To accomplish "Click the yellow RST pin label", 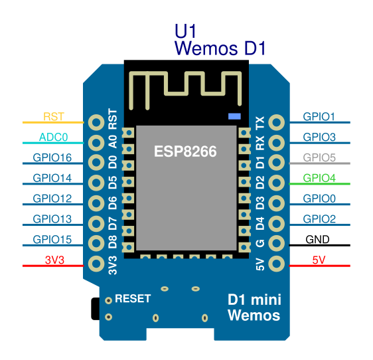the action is tap(54, 117).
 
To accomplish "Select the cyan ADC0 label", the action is tap(54, 137).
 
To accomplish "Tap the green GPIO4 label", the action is tap(319, 178).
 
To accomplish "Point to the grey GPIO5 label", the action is tap(319, 157).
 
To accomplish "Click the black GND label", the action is tap(317, 240).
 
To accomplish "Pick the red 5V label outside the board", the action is tap(319, 260).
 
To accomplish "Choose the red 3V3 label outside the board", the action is tap(54, 260).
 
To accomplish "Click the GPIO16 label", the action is tap(52, 157).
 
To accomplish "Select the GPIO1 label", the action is tap(319, 117).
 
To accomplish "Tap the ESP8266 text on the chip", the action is tap(185, 151).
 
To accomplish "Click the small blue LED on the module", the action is tap(234, 116).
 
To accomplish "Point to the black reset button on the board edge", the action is tap(96, 309).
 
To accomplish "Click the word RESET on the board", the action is tap(133, 299).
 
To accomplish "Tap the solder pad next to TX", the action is tap(276, 122).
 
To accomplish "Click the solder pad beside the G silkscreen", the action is tap(276, 243).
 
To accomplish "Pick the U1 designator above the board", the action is tap(185, 31).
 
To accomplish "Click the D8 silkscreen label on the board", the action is tap(113, 242).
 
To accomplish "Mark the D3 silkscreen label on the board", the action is tap(260, 203).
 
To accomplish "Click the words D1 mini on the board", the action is tap(254, 300).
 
